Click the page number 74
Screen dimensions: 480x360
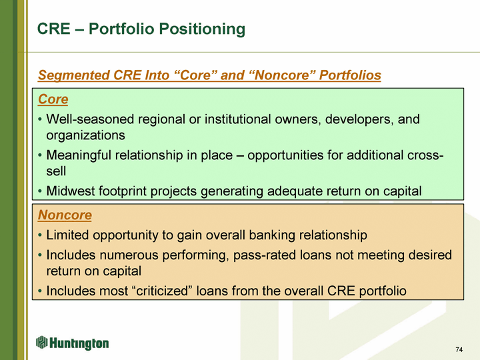tap(459, 349)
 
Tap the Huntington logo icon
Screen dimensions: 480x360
tap(42, 342)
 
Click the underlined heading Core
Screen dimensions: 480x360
tap(53, 99)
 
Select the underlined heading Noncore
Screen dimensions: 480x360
tap(65, 215)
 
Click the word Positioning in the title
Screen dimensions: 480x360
tap(202, 29)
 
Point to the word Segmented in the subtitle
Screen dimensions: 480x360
tap(73, 75)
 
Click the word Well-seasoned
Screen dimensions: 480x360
tap(90, 119)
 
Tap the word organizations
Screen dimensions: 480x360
tap(86, 135)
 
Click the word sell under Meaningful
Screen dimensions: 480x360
tap(56, 171)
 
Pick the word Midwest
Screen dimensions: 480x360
tap(70, 191)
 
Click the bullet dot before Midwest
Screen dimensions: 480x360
tap(40, 191)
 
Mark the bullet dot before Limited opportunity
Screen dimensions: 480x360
tap(40, 236)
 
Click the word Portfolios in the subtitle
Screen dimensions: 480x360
tap(350, 75)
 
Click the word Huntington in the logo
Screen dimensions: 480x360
tap(79, 343)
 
